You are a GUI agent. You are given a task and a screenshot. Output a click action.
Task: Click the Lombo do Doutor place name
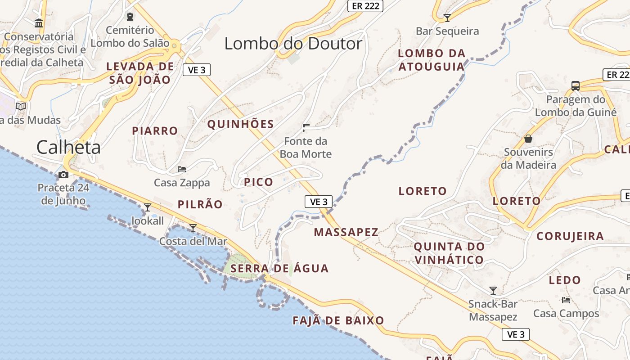[x=293, y=44]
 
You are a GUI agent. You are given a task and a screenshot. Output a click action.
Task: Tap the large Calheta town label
[x=68, y=147]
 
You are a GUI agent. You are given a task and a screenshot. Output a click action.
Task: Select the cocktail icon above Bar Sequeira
[x=447, y=18]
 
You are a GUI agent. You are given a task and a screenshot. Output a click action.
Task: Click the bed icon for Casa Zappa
[x=182, y=169]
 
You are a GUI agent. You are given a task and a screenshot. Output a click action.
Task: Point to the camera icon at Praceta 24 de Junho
[x=63, y=175]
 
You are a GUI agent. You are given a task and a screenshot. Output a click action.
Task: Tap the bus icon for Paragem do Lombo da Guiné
[x=575, y=85]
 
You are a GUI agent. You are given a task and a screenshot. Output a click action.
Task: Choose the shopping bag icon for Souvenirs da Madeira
[x=528, y=138]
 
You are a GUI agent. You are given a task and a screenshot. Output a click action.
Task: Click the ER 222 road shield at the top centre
[x=365, y=6]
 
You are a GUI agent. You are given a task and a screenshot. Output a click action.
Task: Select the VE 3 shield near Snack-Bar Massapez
[x=516, y=334]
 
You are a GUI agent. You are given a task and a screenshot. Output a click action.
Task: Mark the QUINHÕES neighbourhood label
[x=240, y=124]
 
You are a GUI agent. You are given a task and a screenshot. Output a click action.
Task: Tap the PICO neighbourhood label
[x=258, y=182]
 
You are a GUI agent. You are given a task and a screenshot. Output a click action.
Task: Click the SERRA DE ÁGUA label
[x=279, y=269]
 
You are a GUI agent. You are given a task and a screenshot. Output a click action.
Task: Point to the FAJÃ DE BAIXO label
[x=338, y=320]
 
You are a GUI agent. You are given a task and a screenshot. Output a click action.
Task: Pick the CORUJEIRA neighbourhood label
[x=570, y=236]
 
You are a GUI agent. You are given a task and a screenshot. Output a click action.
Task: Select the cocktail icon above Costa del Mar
[x=193, y=228]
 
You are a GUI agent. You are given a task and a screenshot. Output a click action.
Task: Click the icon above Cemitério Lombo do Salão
[x=130, y=17]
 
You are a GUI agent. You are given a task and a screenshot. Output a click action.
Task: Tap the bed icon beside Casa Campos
[x=566, y=300]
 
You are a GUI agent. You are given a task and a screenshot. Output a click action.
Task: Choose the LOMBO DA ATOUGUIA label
[x=431, y=60]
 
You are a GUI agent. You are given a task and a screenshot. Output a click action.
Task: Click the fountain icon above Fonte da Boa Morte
[x=306, y=128]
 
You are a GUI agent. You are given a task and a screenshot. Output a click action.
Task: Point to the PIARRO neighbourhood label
[x=155, y=131]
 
